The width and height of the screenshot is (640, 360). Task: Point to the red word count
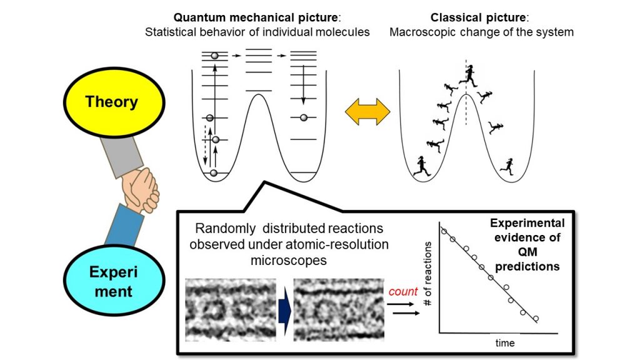(x=403, y=291)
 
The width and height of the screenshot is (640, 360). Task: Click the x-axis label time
(x=504, y=342)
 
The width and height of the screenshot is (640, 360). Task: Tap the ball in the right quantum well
(x=304, y=117)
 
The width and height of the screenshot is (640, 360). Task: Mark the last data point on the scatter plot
(x=536, y=319)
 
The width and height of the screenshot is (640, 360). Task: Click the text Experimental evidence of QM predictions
(x=527, y=244)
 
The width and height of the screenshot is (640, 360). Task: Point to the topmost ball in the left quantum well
(x=215, y=56)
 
